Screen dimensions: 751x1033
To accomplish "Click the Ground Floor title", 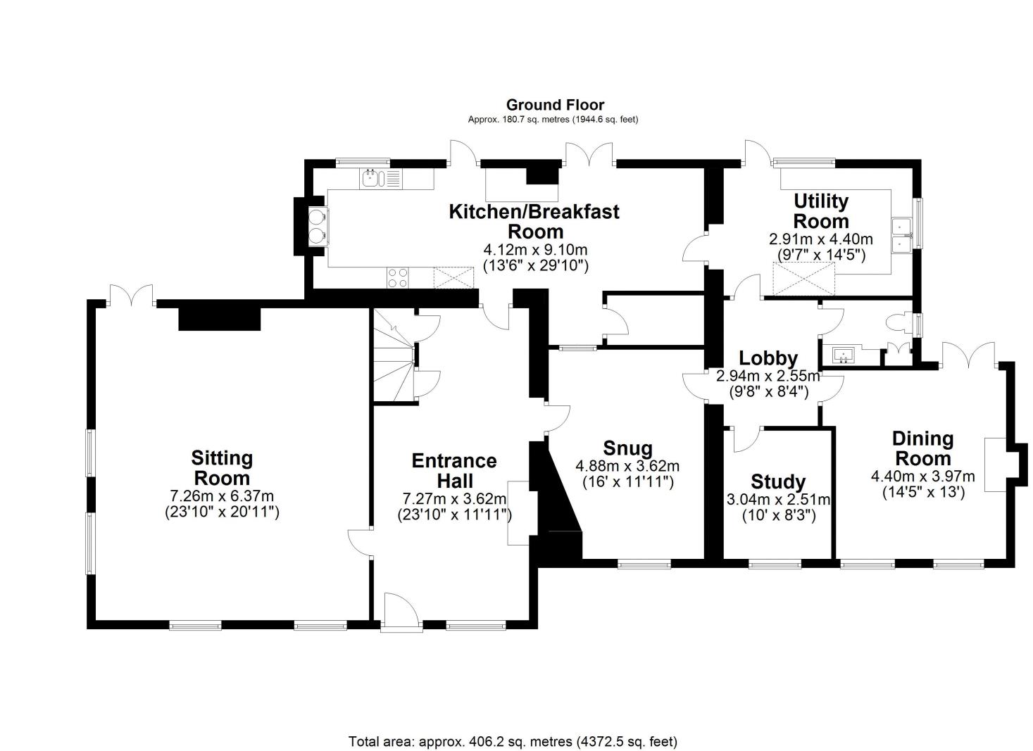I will coord(555,106).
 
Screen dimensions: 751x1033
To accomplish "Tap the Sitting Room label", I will coord(222,467).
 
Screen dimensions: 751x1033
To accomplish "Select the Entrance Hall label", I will coord(454,470).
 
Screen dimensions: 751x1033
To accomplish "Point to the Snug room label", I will coord(627,448).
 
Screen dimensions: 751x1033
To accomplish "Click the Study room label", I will coord(778,482).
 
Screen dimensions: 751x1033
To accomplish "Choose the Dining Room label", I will coord(922,448).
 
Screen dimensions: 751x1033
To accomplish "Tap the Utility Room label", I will coord(821,210).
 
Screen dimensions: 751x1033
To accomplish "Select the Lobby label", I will coord(768,359).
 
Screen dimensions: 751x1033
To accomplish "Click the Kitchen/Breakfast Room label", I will coord(534,220).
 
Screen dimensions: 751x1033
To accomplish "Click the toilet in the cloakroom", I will coord(899,323).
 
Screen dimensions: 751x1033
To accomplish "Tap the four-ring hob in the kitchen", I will coord(397,278).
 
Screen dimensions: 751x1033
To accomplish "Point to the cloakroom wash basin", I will coord(842,355).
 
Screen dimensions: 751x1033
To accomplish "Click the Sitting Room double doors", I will coord(131,295).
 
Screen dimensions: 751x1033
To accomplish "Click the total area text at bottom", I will coord(513,741).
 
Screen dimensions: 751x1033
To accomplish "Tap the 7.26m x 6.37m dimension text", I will coord(222,496).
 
